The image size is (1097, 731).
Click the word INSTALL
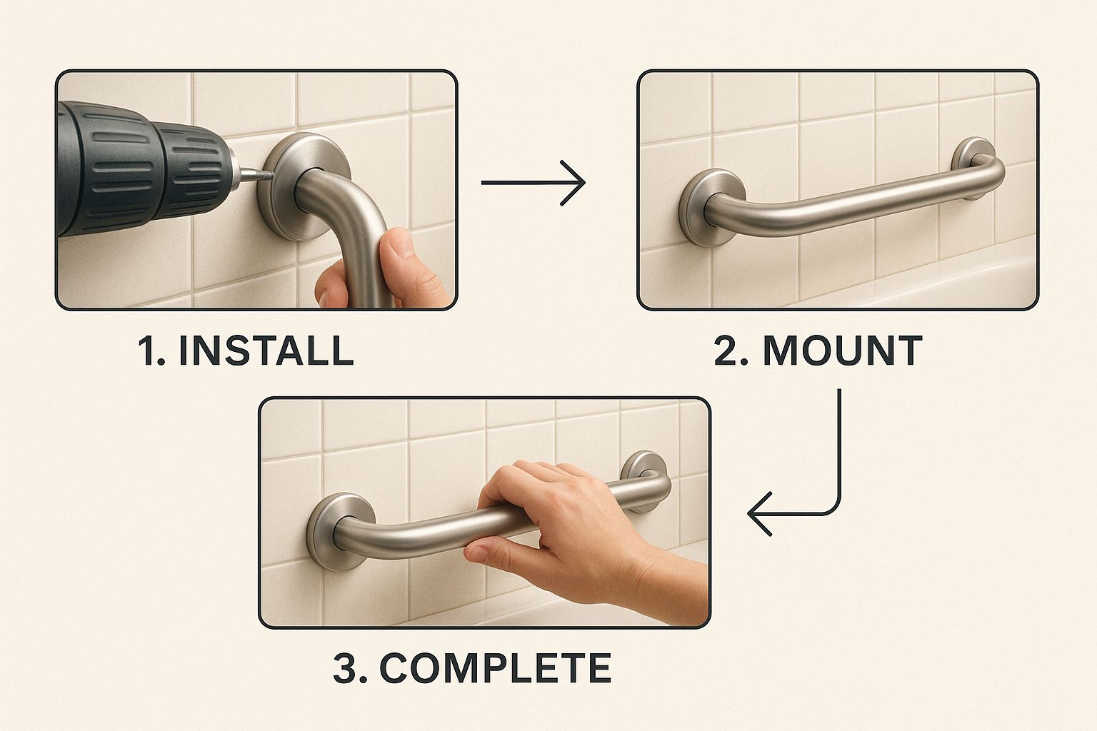(266, 351)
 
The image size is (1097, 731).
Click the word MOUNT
(843, 351)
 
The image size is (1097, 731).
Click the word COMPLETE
(495, 668)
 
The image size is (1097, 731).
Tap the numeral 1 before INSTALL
(146, 351)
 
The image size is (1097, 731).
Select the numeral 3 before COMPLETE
(346, 668)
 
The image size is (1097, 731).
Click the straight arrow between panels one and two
(533, 183)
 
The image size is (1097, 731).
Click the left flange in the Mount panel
(705, 208)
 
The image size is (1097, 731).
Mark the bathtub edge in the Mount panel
(931, 281)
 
